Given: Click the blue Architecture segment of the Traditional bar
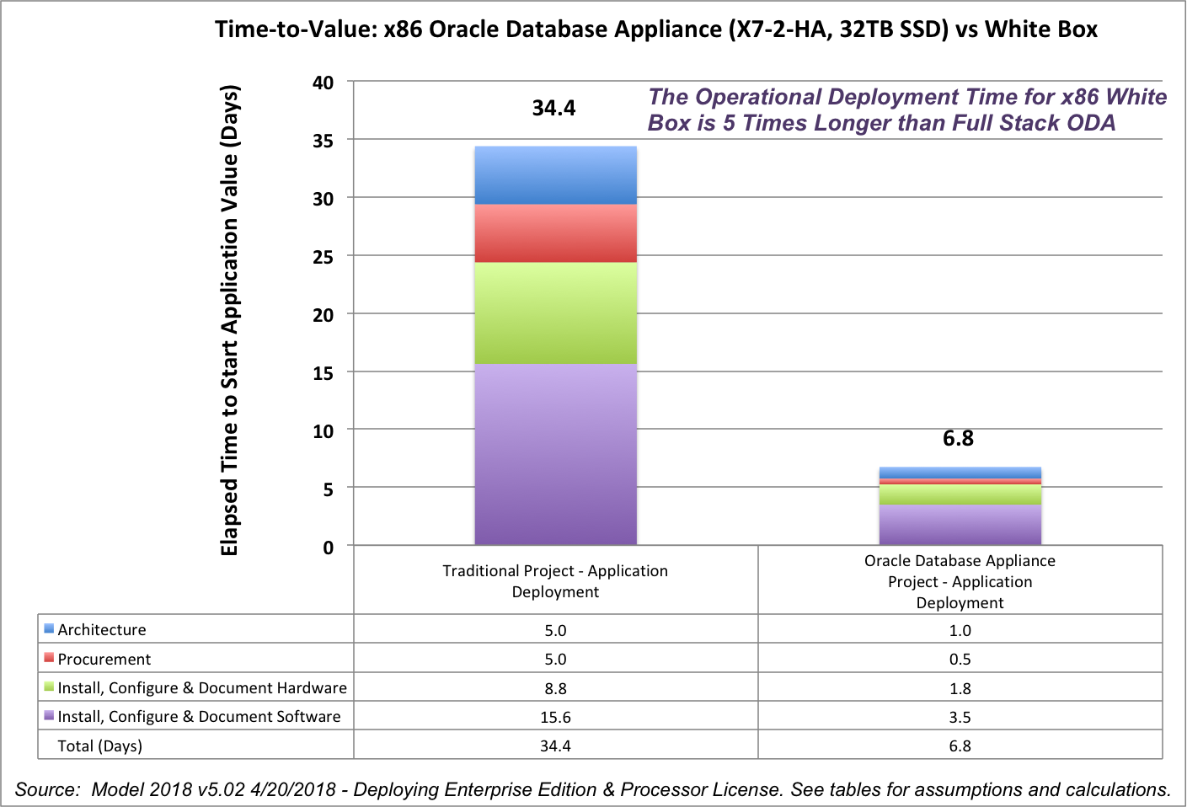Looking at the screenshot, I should coord(555,175).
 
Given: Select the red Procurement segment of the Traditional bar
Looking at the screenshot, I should coord(555,233).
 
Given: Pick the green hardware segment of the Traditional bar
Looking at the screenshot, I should coord(555,313).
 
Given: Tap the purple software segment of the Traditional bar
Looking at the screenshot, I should coord(555,454).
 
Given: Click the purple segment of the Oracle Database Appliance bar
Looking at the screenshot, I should coord(960,524).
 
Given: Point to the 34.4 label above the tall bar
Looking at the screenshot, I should coord(553,108).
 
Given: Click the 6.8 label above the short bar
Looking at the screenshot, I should coord(958,438).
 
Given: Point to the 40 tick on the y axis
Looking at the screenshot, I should coord(323,83).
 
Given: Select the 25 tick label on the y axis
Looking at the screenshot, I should coord(323,257).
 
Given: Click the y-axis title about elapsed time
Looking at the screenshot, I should coord(230,320).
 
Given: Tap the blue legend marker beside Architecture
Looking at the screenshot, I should coord(49,628).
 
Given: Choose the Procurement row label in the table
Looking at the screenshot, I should coord(104,659).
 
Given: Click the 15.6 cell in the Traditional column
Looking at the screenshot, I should coord(555,717).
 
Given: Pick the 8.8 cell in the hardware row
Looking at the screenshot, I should coord(555,688).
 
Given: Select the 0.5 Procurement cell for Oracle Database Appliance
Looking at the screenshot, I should coord(960,659).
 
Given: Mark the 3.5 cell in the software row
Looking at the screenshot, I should coord(960,717).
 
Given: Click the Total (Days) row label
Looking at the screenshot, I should coord(99,746).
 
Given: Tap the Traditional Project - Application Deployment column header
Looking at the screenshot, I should coord(555,581).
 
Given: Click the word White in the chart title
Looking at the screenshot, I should coord(1016,29).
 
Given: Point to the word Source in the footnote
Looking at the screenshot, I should coord(46,789).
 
